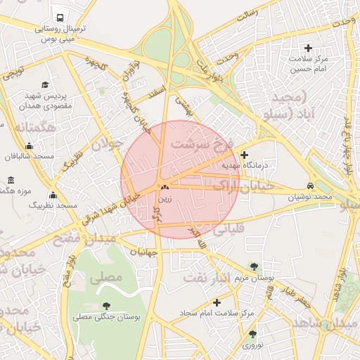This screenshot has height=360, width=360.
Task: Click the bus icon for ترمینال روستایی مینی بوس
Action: coord(60,18)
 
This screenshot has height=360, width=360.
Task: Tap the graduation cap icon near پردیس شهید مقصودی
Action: coord(46,84)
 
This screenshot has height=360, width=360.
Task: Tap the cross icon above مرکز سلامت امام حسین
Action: coord(308,48)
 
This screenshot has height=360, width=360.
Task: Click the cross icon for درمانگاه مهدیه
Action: coord(244,155)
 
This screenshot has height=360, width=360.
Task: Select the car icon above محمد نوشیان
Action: coord(310,186)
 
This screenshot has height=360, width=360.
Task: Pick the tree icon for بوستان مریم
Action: coord(254,266)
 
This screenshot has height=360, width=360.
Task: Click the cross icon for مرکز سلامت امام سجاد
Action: coord(217,303)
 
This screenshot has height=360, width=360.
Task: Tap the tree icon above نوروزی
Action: coord(252,334)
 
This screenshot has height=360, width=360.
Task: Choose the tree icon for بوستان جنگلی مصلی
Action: coord(106,306)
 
